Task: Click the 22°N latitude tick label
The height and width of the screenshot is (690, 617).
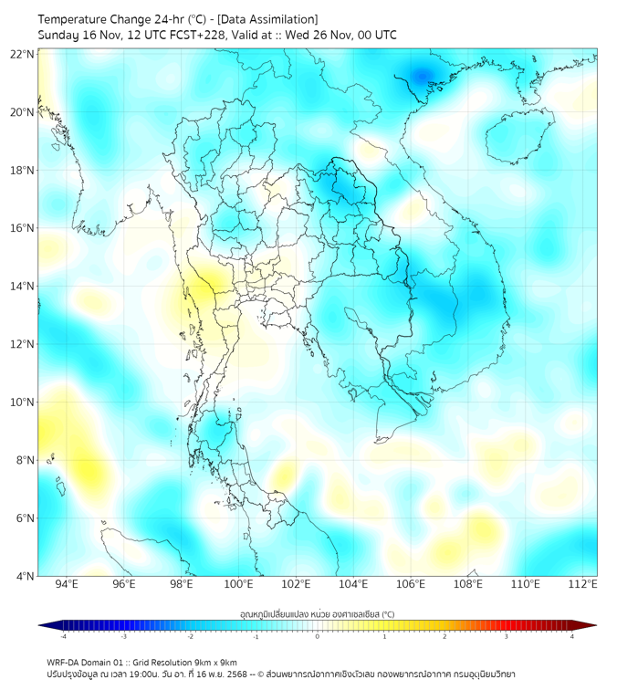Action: tap(23, 54)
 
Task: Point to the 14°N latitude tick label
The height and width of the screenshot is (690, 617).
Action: tap(23, 287)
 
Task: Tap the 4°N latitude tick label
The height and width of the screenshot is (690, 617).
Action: tap(26, 576)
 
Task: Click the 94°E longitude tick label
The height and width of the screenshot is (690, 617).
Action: tap(67, 584)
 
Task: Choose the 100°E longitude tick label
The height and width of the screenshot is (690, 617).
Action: tap(238, 584)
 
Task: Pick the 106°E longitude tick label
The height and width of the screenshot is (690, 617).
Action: tap(411, 584)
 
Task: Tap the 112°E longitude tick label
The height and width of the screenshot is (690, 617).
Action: tap(583, 584)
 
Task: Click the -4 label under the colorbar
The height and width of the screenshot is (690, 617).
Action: tap(63, 636)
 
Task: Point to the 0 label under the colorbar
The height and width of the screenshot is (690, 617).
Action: tap(318, 636)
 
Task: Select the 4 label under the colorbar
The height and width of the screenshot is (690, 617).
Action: tap(571, 636)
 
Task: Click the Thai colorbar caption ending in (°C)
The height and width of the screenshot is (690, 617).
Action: tap(317, 614)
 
